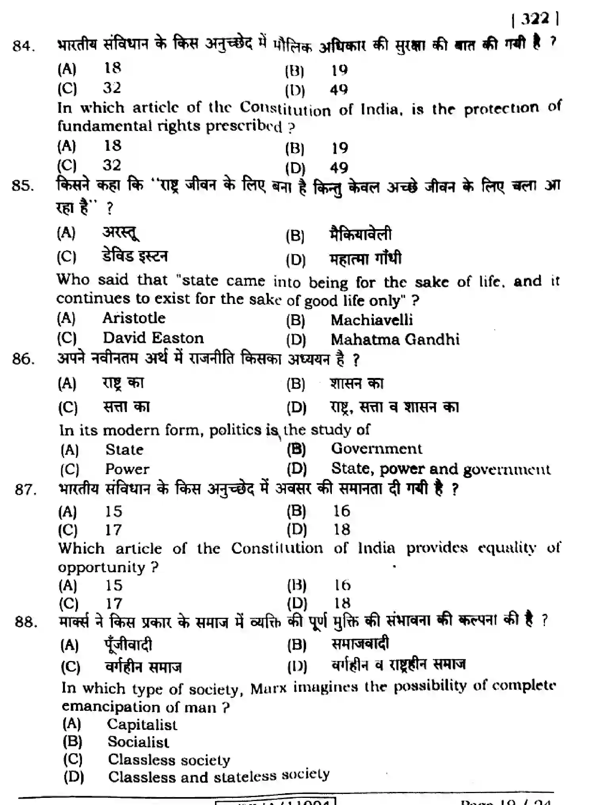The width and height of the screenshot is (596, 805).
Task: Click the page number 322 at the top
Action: pos(535,19)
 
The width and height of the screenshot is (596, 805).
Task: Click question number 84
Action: pos(23,46)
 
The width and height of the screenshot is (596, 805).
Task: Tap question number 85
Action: pos(23,186)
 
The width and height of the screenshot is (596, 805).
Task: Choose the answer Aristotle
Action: pos(134,318)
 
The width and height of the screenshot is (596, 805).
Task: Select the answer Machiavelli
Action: pos(371,320)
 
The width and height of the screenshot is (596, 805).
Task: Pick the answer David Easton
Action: pos(153,338)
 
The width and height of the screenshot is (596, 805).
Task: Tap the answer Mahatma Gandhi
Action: pos(395,340)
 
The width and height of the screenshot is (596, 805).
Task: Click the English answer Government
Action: pos(377,448)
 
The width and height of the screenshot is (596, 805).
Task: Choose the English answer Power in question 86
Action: pos(127,469)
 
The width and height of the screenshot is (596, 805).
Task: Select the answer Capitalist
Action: pos(142,724)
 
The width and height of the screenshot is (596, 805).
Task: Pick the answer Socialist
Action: pos(138,742)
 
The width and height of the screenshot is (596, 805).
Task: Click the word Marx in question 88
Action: pos(268,689)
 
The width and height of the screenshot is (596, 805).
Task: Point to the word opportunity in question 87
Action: pos(102,567)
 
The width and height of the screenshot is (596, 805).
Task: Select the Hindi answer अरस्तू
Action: pos(121,232)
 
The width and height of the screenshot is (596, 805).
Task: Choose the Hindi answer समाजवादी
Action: pos(360,644)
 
